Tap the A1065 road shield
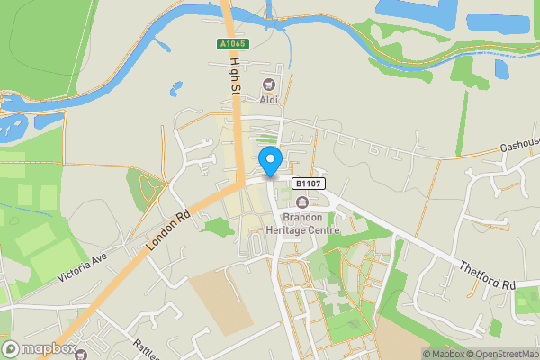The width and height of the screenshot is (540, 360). pos(231,43)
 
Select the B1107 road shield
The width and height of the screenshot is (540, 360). pos(307,184)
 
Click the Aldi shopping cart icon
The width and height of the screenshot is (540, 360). pos(267,85)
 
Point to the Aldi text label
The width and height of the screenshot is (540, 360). pos(267,99)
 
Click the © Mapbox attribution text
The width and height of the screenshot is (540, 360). pos(445,354)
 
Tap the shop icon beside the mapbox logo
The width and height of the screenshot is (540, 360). pos(80,354)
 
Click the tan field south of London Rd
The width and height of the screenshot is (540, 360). pos(217,297)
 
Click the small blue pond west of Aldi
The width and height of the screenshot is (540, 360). pos(174,89)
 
